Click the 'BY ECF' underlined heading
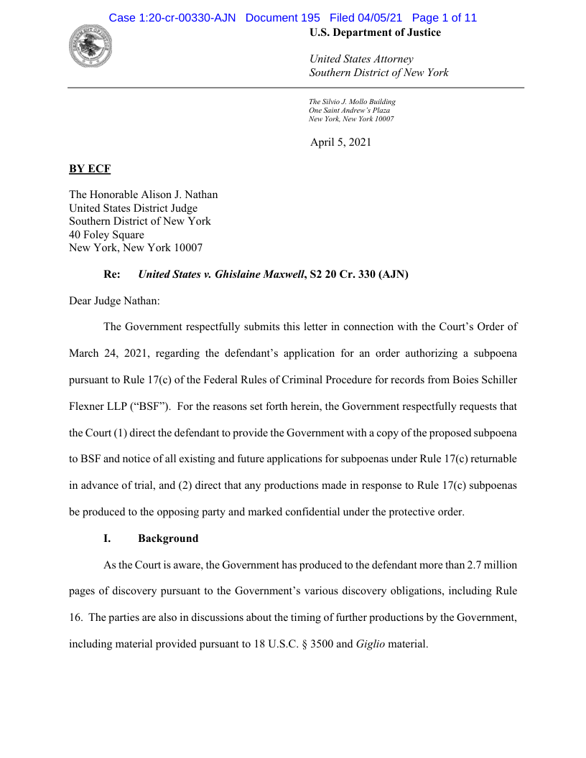[89, 169]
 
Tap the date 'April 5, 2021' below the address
[340, 142]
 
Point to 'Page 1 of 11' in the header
[444, 18]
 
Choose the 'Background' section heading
[168, 538]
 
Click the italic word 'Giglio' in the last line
[371, 644]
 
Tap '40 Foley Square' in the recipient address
[106, 235]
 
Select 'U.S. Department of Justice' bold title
[375, 32]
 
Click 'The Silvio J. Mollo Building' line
[352, 102]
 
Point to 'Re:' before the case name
[112, 274]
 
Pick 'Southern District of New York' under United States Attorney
[378, 72]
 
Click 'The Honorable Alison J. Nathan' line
[143, 195]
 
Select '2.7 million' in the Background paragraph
[491, 565]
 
